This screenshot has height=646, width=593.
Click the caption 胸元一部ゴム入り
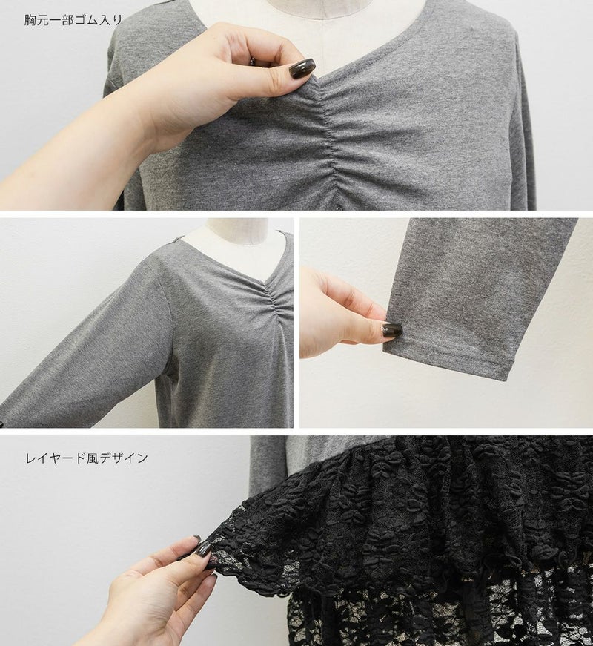pos(73,20)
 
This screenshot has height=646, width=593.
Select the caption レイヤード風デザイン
pos(87,458)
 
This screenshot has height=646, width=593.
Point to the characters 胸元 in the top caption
pos(36,20)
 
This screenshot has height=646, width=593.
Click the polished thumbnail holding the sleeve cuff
pos(391,329)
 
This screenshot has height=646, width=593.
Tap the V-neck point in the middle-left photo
pos(265,283)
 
